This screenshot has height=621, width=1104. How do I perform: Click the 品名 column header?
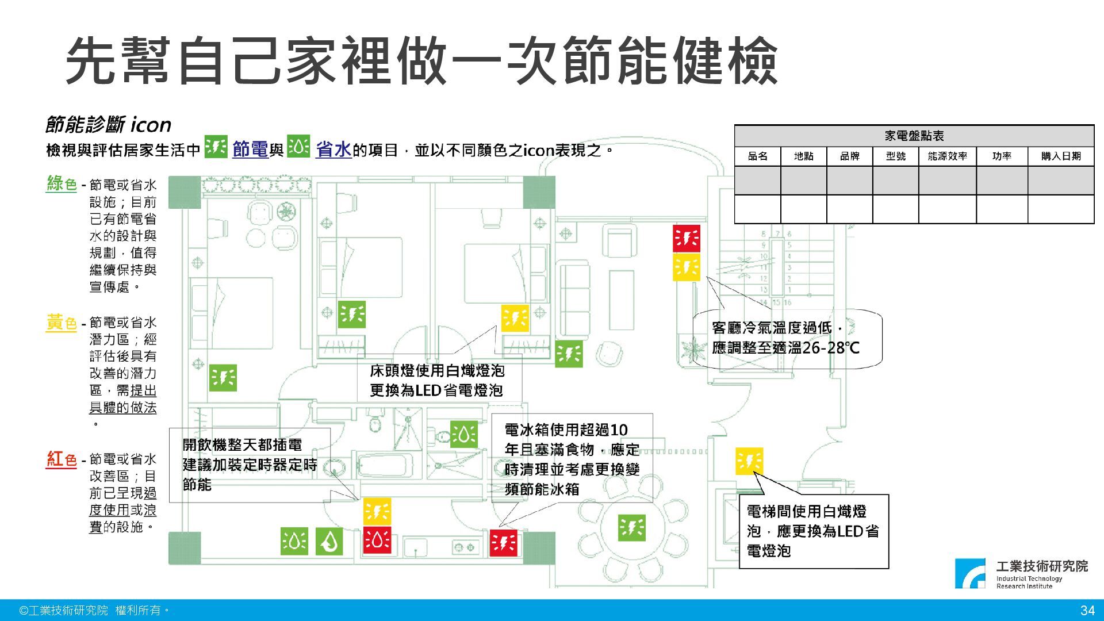757,156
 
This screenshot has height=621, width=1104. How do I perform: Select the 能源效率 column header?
947,156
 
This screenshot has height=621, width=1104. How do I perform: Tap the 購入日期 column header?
1060,156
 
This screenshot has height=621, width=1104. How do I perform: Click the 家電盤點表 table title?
914,136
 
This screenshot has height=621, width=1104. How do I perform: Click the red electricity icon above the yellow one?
687,239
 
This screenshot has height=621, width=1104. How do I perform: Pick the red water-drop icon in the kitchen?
377,540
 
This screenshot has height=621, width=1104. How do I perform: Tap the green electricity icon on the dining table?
631,527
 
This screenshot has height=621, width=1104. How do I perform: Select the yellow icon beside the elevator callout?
749,461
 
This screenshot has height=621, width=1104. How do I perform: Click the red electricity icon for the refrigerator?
503,543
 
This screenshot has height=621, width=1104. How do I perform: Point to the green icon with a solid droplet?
329,541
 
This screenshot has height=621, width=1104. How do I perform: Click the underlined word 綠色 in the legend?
62,184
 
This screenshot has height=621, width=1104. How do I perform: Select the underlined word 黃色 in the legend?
62,323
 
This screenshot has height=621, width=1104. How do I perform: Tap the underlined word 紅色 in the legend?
62,459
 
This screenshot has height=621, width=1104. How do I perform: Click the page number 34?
1087,610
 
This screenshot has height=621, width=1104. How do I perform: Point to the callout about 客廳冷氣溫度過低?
786,338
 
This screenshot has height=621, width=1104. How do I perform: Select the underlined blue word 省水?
333,150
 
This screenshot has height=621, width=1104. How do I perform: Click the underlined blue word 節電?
250,150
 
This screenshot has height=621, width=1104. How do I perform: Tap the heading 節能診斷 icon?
108,125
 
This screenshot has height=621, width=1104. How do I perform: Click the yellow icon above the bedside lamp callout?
515,318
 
